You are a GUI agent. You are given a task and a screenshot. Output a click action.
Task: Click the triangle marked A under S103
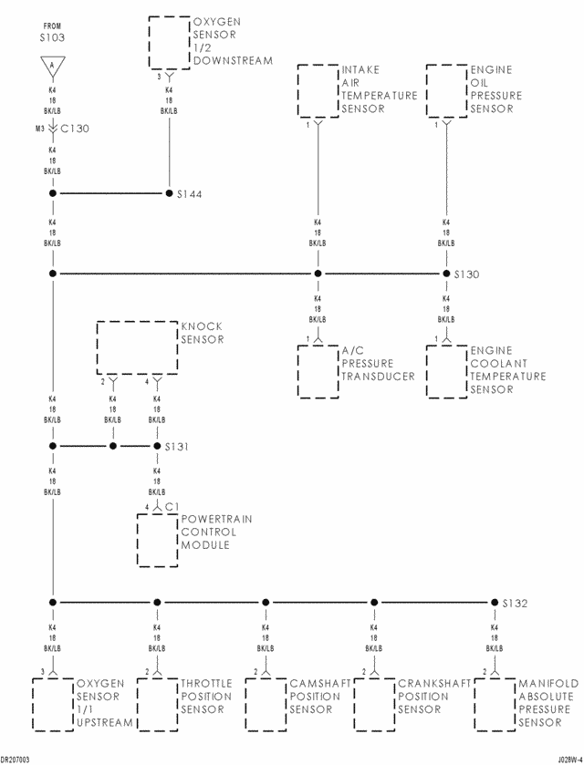[53, 66]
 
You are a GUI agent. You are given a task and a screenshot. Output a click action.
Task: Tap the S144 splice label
[189, 194]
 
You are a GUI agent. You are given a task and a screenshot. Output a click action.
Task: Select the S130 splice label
[467, 274]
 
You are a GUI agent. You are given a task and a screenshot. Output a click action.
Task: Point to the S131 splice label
[176, 447]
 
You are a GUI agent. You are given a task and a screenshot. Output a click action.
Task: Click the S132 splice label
[516, 604]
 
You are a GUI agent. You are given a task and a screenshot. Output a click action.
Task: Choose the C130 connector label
[75, 129]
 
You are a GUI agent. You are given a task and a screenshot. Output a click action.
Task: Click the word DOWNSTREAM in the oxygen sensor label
[233, 61]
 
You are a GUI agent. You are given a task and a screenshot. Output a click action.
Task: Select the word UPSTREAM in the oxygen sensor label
[105, 722]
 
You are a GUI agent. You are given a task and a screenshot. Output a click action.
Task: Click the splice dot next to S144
[169, 193]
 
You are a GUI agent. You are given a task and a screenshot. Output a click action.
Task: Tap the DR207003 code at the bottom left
[16, 760]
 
